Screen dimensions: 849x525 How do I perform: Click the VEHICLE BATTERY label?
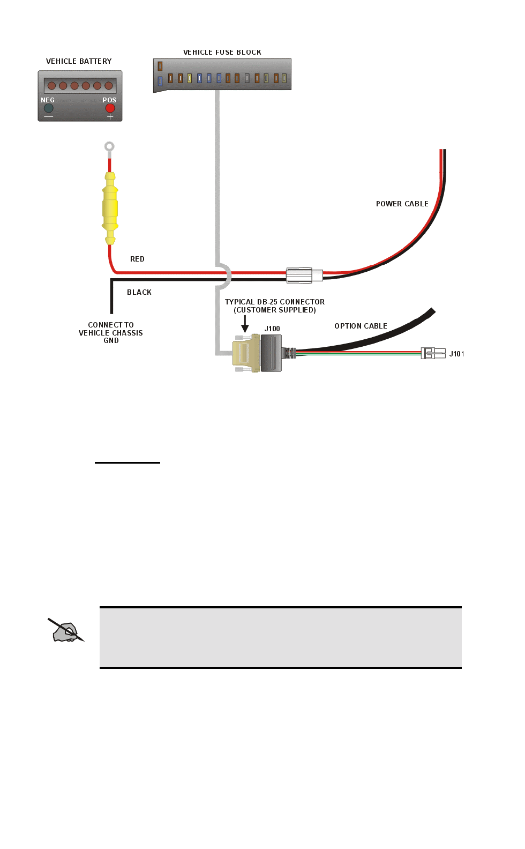tap(79, 61)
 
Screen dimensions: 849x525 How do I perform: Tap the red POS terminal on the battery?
tap(110, 108)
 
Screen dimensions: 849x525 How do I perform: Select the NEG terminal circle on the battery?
tap(49, 108)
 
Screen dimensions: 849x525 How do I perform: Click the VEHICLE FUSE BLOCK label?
tap(222, 53)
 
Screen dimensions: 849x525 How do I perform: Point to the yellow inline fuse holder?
tap(110, 208)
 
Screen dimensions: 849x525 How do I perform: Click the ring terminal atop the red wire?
tap(109, 146)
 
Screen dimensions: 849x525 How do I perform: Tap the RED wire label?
tap(137, 259)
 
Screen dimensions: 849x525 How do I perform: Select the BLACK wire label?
tap(139, 292)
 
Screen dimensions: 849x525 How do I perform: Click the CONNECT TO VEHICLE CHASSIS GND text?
tap(111, 333)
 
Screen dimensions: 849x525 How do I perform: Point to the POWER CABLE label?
tap(402, 204)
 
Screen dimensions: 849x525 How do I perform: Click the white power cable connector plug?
tap(303, 275)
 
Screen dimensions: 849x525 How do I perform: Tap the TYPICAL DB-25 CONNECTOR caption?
tap(275, 306)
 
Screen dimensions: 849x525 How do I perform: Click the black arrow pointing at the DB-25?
tap(245, 324)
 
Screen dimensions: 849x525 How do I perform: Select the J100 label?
tap(272, 329)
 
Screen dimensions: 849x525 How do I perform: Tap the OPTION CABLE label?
tap(361, 326)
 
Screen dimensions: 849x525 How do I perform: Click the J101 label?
tap(456, 354)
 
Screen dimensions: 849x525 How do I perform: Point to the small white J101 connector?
tap(433, 353)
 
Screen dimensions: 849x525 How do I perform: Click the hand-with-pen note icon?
tap(66, 631)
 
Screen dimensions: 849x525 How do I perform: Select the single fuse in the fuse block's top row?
tap(160, 66)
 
